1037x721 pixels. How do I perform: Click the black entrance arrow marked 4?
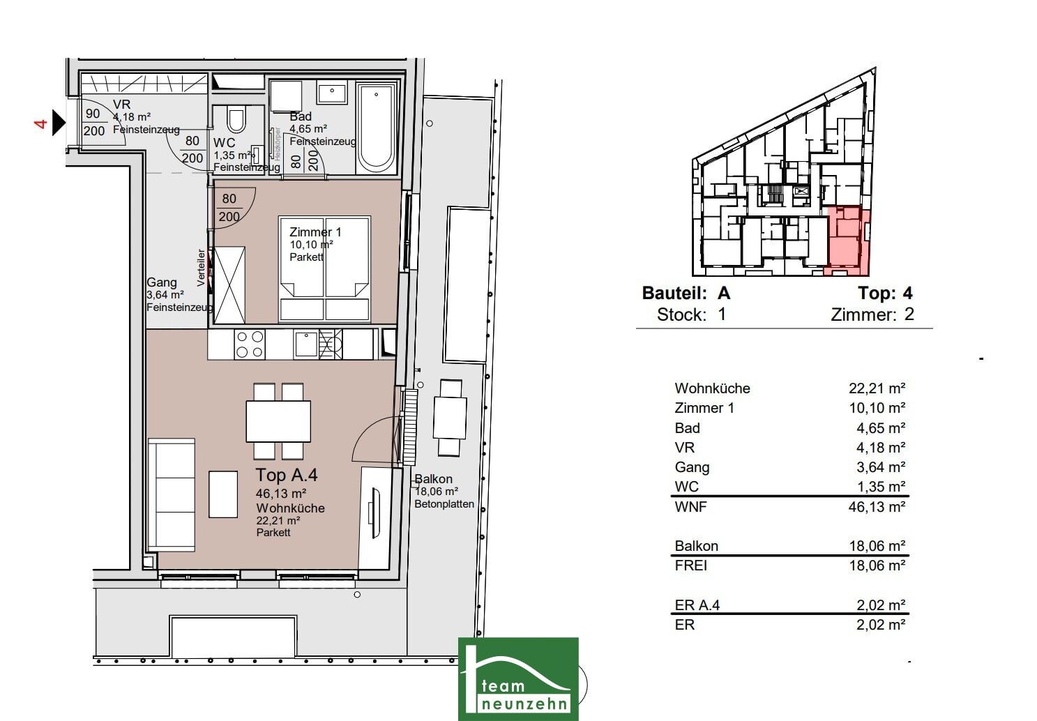pos(59,123)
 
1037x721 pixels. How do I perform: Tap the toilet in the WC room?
pos(236,119)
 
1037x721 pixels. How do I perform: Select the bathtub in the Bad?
pos(377,128)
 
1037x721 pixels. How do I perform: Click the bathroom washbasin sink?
pos(332,93)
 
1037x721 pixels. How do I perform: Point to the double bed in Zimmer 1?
pos(324,268)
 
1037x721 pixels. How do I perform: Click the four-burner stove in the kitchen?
pos(250,344)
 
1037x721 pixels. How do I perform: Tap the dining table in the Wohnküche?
pos(278,421)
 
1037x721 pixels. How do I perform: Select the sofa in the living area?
pos(172,494)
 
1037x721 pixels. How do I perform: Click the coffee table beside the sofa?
pos(223,494)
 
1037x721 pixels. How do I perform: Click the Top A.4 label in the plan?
pos(287,475)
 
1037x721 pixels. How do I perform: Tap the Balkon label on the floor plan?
pos(433,479)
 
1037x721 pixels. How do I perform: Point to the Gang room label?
pos(162,282)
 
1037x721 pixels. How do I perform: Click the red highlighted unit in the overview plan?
pos(848,241)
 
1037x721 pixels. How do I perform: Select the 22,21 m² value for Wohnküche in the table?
pos(877,388)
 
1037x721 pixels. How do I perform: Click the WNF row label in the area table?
pos(690,507)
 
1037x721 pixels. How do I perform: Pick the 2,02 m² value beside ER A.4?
pos(881,605)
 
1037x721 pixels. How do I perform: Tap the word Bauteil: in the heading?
pos(674,293)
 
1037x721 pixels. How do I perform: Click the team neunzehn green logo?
pos(518,679)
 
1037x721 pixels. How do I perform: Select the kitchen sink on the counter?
pos(306,344)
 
